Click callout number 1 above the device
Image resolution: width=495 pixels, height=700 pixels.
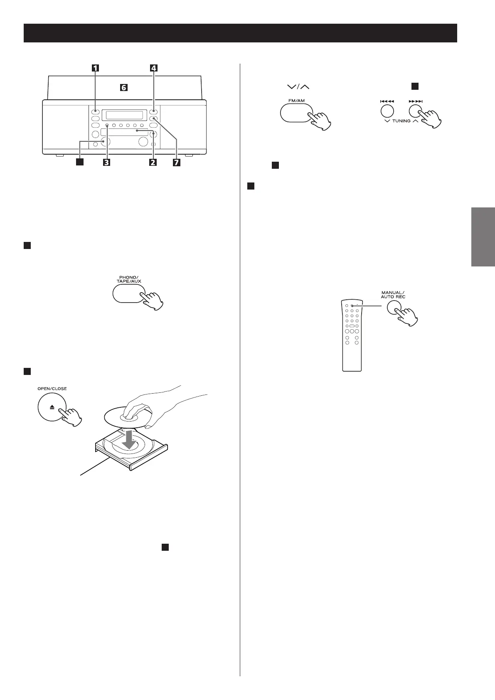(x=96, y=68)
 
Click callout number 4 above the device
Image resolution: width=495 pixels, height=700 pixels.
(x=154, y=68)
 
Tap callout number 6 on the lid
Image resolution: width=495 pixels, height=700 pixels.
(x=124, y=88)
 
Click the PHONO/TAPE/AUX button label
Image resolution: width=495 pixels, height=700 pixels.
(x=129, y=279)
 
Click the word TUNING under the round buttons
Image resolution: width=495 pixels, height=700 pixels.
(x=401, y=121)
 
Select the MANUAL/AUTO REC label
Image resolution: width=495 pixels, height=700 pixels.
(x=393, y=295)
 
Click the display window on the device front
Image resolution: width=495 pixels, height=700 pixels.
(x=125, y=115)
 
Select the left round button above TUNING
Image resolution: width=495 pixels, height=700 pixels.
(x=387, y=111)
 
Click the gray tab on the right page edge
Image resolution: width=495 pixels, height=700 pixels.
(x=483, y=237)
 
